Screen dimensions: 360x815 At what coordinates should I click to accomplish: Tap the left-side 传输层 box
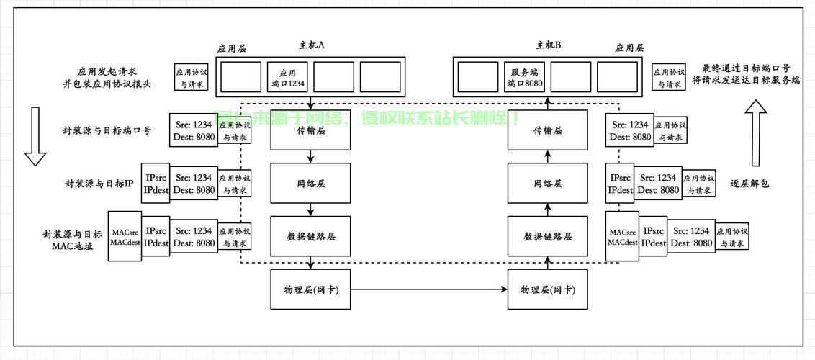pos(310,131)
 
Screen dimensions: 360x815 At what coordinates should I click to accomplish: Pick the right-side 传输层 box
pos(547,131)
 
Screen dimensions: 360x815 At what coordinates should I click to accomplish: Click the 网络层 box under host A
pos(310,184)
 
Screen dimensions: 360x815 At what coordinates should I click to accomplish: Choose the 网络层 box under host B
pos(547,184)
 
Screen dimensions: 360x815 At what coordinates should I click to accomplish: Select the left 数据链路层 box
pos(310,236)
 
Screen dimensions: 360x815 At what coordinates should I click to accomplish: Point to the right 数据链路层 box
pos(547,236)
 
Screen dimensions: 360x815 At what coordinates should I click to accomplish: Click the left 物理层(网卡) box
pos(310,289)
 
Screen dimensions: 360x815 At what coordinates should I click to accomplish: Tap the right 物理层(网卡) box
pos(547,289)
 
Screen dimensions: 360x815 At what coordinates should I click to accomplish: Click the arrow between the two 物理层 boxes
pos(428,289)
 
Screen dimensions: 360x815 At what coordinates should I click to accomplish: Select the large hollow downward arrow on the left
pos(35,137)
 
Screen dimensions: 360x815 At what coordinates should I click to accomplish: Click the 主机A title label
pos(312,45)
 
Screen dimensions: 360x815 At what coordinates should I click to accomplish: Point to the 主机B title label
pos(548,45)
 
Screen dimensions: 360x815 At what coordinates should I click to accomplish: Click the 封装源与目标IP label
pos(99,184)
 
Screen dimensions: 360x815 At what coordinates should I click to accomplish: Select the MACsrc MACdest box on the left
pos(124,236)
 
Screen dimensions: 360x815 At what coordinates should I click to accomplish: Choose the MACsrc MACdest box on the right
pos(622,237)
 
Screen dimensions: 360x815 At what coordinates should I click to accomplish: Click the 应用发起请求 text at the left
pos(107,71)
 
